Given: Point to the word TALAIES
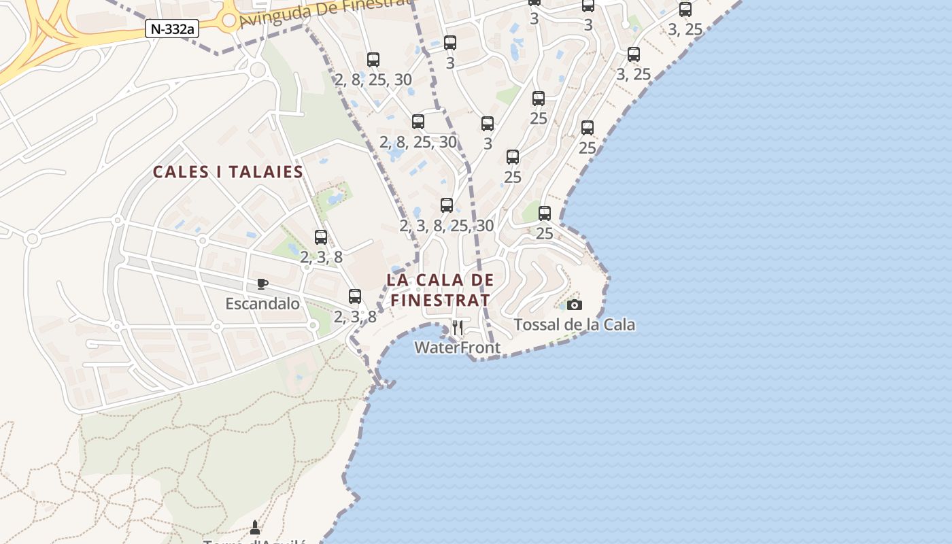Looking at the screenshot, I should click(x=267, y=172).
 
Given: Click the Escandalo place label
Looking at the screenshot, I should click(x=262, y=303).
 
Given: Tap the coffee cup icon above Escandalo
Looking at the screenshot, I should click(x=262, y=284).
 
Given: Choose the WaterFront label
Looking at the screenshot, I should click(x=457, y=347).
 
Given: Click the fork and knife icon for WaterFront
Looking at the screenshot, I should click(x=458, y=328).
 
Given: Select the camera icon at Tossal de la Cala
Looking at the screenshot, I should click(x=575, y=305).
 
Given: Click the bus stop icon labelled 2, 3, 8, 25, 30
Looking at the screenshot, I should click(x=447, y=205).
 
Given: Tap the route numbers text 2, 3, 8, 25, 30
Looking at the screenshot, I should click(x=447, y=225).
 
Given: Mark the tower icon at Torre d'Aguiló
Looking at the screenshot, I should click(x=255, y=527).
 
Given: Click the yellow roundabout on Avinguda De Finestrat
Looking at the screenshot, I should click(x=229, y=20).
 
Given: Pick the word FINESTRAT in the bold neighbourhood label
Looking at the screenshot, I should click(x=440, y=300).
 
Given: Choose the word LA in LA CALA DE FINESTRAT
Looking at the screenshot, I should click(x=396, y=279).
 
